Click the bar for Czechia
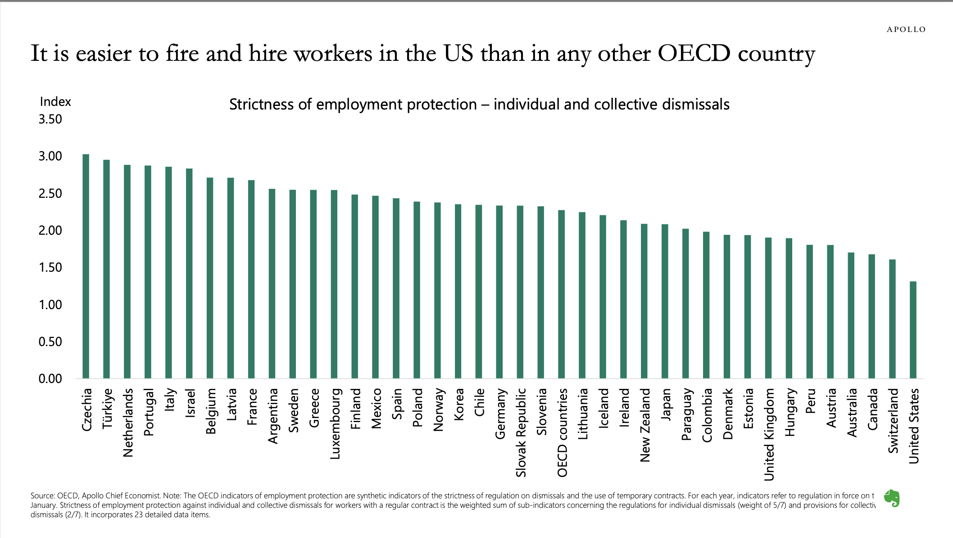tap(86, 266)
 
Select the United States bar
tap(913, 330)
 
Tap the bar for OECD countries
tap(561, 294)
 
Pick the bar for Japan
tap(665, 301)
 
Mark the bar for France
tap(251, 279)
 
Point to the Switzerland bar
tap(892, 319)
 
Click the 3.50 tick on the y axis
tap(50, 119)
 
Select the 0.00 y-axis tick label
tap(50, 379)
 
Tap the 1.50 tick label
tap(50, 268)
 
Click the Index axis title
tap(55, 102)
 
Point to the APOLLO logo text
tap(906, 30)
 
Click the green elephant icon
tap(892, 499)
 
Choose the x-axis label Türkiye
tap(107, 409)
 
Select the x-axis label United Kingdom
tap(769, 434)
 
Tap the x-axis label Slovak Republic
tap(521, 433)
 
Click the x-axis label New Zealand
tap(645, 425)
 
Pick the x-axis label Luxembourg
tap(335, 424)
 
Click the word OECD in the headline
tap(694, 54)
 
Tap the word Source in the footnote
tap(42, 496)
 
